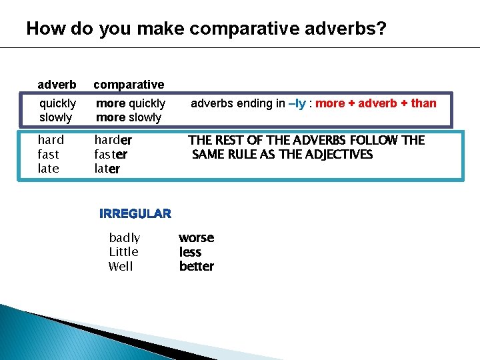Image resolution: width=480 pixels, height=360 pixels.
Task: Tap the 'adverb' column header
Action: [57, 85]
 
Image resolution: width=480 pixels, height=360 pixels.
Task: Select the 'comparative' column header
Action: [129, 85]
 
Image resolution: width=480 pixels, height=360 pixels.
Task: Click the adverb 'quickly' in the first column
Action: [58, 103]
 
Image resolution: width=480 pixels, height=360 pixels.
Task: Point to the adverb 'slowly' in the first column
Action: [56, 117]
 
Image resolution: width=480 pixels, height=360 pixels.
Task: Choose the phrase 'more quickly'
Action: [131, 103]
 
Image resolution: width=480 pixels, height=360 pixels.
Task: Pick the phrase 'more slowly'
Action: [129, 117]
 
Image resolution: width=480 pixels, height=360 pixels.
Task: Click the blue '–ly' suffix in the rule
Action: [296, 103]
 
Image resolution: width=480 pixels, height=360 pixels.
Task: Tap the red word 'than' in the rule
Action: [424, 103]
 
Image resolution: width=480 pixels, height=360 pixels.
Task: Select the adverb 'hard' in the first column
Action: [51, 140]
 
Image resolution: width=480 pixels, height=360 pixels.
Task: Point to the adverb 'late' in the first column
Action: [49, 169]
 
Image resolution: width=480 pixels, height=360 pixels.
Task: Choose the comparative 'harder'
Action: [113, 140]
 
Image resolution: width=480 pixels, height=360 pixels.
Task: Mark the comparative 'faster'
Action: [111, 155]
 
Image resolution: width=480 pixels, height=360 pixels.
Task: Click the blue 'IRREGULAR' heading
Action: [135, 214]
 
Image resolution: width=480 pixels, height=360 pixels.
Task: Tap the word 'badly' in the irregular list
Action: [125, 238]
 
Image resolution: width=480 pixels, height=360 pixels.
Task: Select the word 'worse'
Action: [197, 238]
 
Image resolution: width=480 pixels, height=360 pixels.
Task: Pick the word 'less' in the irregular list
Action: [190, 252]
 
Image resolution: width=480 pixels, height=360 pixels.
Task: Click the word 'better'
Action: [197, 267]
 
